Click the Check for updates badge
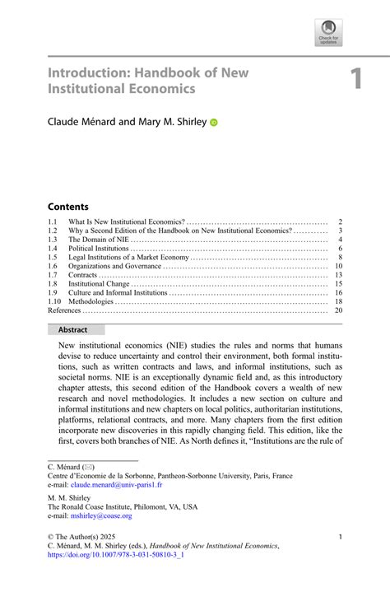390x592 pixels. [327, 33]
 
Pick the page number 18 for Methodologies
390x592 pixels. [337, 301]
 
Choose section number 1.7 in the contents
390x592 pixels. [53, 275]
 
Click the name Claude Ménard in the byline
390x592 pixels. [86, 122]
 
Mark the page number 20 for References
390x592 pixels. [337, 310]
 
